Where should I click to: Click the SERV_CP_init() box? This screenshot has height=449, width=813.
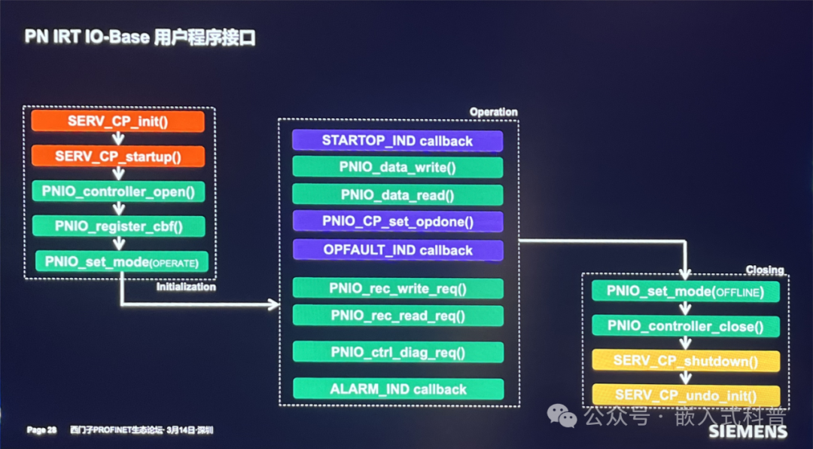coord(118,121)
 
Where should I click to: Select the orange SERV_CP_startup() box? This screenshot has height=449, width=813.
coord(118,157)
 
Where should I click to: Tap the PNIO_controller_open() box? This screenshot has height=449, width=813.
coord(118,191)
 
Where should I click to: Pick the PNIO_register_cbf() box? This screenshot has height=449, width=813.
coord(118,226)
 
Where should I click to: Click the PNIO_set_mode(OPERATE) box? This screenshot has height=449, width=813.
coord(120,261)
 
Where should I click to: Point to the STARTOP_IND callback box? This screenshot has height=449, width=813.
coord(397,141)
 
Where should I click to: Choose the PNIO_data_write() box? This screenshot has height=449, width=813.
coord(397,167)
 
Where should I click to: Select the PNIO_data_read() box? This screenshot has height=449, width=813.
coord(397,194)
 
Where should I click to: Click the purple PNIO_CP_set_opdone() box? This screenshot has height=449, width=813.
coord(397,221)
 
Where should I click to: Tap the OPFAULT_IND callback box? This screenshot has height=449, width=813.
coord(397,250)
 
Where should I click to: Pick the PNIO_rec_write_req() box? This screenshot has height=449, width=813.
coord(397,289)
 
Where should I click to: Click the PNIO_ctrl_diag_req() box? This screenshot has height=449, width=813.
coord(397,352)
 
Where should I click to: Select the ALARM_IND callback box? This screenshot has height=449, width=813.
coord(397,389)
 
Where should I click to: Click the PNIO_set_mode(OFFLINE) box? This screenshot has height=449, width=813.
coord(685,292)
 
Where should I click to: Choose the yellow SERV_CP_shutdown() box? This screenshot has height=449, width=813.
coord(685,361)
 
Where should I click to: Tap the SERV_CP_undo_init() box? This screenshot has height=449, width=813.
coord(685,395)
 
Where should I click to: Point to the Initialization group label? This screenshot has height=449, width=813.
coord(186,287)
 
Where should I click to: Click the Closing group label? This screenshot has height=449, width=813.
coord(764,270)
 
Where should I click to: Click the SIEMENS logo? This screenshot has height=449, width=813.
coord(748,432)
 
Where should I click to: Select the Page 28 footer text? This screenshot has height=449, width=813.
coord(41,430)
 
